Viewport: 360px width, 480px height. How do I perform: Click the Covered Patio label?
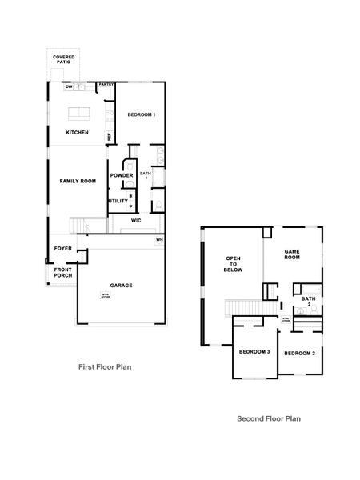tap(63, 60)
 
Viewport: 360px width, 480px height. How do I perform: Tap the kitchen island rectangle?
tap(78, 113)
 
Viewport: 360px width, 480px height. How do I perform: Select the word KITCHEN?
tap(77, 133)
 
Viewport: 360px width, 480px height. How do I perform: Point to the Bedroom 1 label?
tap(141, 115)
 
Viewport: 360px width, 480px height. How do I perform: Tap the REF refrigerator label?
tap(109, 137)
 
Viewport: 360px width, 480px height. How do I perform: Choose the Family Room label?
tap(78, 182)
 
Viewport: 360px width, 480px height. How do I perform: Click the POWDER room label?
tap(122, 176)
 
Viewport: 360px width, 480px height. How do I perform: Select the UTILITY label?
tap(118, 201)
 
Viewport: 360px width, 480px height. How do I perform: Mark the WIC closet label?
tap(136, 220)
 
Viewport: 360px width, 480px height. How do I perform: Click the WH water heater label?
tap(159, 239)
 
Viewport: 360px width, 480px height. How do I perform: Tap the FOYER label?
tap(63, 249)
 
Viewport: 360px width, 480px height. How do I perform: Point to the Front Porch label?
tap(63, 273)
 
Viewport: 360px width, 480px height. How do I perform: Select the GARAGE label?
tap(122, 286)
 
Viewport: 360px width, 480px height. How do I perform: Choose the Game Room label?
tap(293, 255)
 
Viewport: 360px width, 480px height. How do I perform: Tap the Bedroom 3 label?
tap(254, 353)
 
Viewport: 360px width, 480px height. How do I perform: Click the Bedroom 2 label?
tap(299, 353)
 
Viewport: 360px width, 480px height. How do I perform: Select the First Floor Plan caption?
tap(104, 367)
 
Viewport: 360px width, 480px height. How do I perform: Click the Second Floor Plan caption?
tap(269, 418)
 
